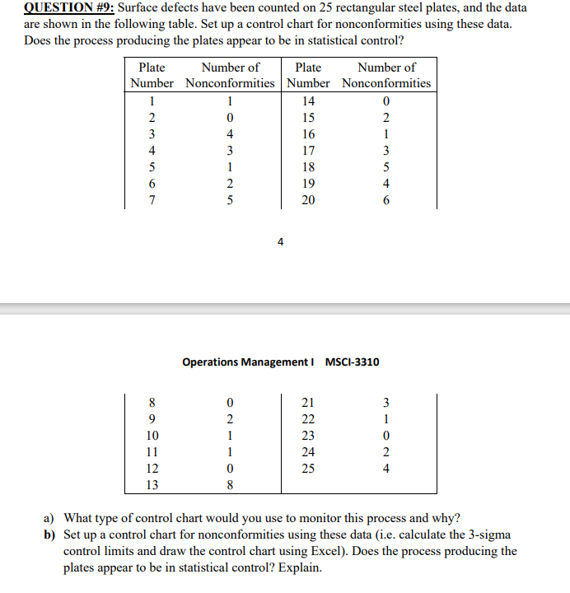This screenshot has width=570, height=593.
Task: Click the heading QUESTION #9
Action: [x=63, y=7]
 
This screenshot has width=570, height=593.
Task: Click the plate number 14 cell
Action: [x=307, y=100]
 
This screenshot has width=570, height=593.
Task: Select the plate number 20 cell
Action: [x=307, y=199]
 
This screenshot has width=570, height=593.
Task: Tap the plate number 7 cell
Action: [x=152, y=199]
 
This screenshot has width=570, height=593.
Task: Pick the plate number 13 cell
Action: [x=152, y=484]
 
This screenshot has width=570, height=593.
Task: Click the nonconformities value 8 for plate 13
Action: [x=230, y=484]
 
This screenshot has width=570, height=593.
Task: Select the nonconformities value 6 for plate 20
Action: [x=386, y=199]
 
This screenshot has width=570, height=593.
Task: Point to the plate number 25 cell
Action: [x=307, y=468]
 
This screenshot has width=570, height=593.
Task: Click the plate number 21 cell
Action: [x=307, y=402]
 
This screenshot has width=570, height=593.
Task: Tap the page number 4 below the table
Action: [x=281, y=242]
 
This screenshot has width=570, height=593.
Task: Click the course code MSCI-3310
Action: [x=353, y=362]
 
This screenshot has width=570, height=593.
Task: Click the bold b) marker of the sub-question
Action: [x=49, y=535]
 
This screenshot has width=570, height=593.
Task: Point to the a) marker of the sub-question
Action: [x=49, y=519]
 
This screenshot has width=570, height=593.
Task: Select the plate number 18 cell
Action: [x=307, y=166]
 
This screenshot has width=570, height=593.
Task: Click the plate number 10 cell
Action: [x=152, y=435]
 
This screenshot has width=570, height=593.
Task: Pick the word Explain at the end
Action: [x=301, y=568]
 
